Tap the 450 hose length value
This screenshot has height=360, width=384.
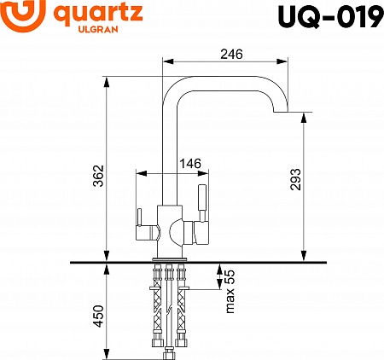99,318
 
